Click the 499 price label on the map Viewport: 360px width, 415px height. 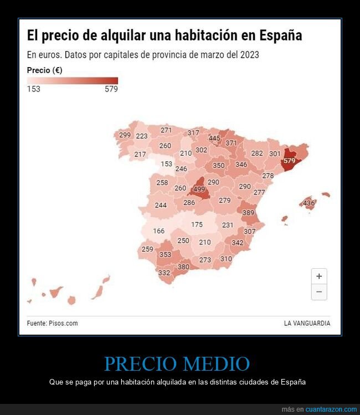click(199, 189)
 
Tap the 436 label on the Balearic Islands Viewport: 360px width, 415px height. click(308, 203)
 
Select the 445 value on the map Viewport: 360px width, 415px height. click(214, 139)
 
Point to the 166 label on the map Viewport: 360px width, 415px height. click(159, 231)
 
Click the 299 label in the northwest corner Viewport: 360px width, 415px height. click(125, 135)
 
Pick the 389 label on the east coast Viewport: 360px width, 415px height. click(248, 213)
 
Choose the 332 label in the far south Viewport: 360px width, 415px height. click(164, 273)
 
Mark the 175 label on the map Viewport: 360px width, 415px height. click(197, 224)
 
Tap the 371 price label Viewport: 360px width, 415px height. click(231, 143)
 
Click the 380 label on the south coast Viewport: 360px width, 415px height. click(183, 267)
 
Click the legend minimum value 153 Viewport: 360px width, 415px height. click(34, 89)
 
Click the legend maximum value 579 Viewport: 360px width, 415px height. click(111, 89)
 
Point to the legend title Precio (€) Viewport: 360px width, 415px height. click(44, 70)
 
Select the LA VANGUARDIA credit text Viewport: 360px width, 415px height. click(307, 323)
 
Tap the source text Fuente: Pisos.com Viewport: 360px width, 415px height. click(52, 323)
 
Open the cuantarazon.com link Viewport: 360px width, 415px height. click(331, 409)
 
